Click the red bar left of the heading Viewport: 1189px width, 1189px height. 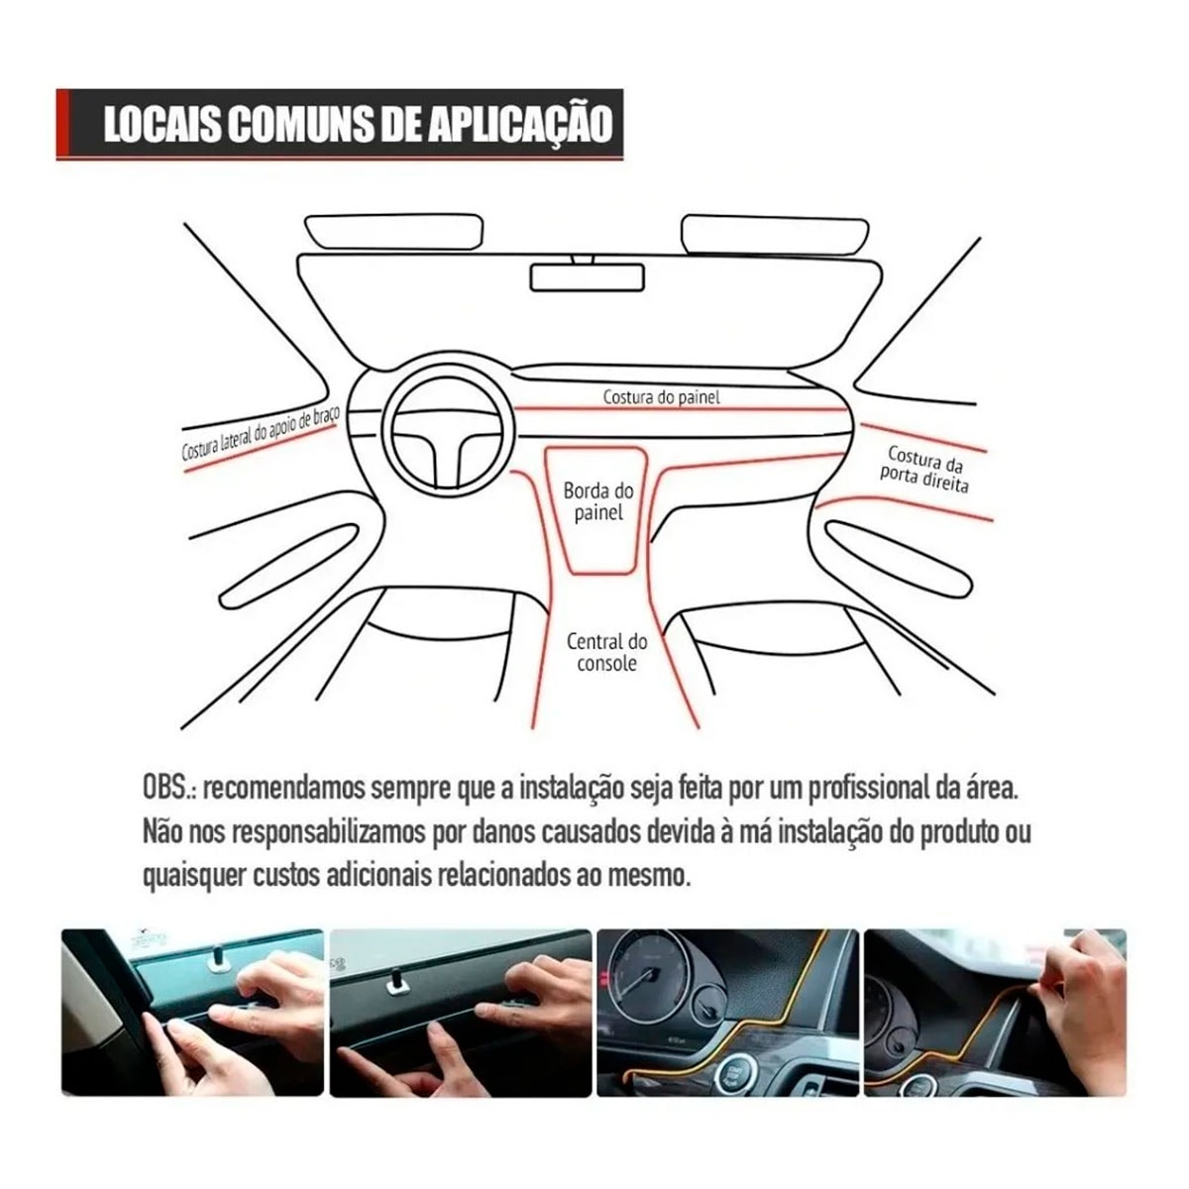tap(62, 124)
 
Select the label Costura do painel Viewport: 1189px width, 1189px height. tap(662, 397)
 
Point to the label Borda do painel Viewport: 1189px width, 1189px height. tap(598, 501)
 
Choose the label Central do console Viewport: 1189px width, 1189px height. tap(606, 653)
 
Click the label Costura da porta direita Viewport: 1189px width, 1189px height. tap(925, 469)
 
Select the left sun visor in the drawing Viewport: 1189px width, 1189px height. tap(394, 232)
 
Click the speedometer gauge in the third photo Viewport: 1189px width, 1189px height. tap(649, 976)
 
